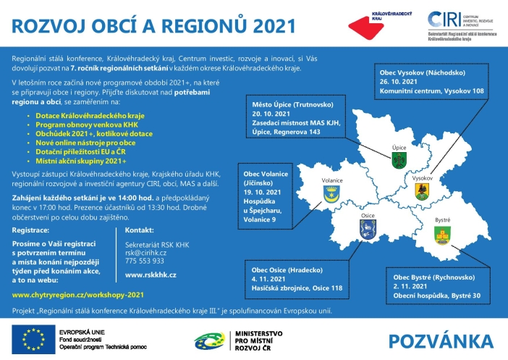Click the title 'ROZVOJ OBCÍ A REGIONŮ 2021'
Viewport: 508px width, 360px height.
pos(153,25)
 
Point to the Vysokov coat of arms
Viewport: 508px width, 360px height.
pos(423,191)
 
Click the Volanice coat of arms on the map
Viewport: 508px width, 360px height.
pos(331,193)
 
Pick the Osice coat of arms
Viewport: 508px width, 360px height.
pos(365,230)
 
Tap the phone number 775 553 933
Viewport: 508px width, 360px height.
pos(145,261)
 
